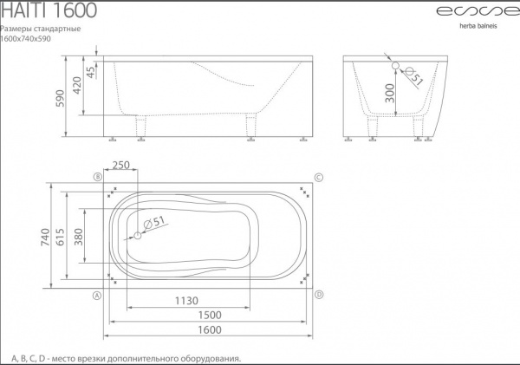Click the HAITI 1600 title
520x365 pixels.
coord(49,10)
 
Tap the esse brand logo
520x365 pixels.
coord(478,11)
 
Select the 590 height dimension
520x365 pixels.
coord(61,98)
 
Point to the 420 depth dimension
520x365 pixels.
coord(77,85)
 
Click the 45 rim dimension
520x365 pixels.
coord(90,71)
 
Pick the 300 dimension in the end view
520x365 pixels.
coord(390,94)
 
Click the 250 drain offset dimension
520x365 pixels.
coord(121,165)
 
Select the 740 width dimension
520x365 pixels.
coord(45,237)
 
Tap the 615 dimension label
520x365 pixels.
coord(61,237)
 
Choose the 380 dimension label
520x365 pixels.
coord(78,237)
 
